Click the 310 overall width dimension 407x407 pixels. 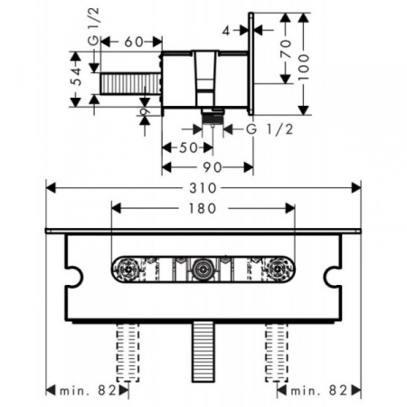[203, 188]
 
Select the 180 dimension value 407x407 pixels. [203, 208]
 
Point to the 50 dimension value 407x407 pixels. [188, 147]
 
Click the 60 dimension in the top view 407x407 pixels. [133, 42]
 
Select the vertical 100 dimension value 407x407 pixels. [303, 67]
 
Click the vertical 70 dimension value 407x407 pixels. [286, 49]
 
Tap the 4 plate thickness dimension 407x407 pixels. [226, 31]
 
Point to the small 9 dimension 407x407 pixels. [145, 111]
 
